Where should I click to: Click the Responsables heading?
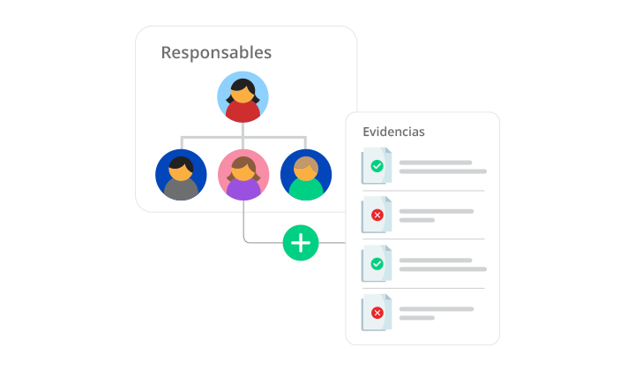(216, 52)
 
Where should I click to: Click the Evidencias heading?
(393, 132)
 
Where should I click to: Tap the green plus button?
(301, 242)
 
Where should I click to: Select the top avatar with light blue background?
(243, 96)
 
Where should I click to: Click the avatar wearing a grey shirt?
(181, 175)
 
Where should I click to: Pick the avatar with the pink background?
(243, 175)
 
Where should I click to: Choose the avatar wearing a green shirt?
(306, 175)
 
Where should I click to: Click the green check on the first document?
(377, 166)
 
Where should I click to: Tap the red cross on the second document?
(377, 215)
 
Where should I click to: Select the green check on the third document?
(377, 263)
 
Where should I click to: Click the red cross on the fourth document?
(377, 312)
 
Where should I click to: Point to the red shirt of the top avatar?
(243, 112)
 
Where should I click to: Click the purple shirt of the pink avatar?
(243, 190)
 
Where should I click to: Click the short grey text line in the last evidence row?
(417, 317)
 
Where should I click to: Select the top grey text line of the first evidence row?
(436, 163)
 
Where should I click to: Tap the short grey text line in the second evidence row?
(417, 220)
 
